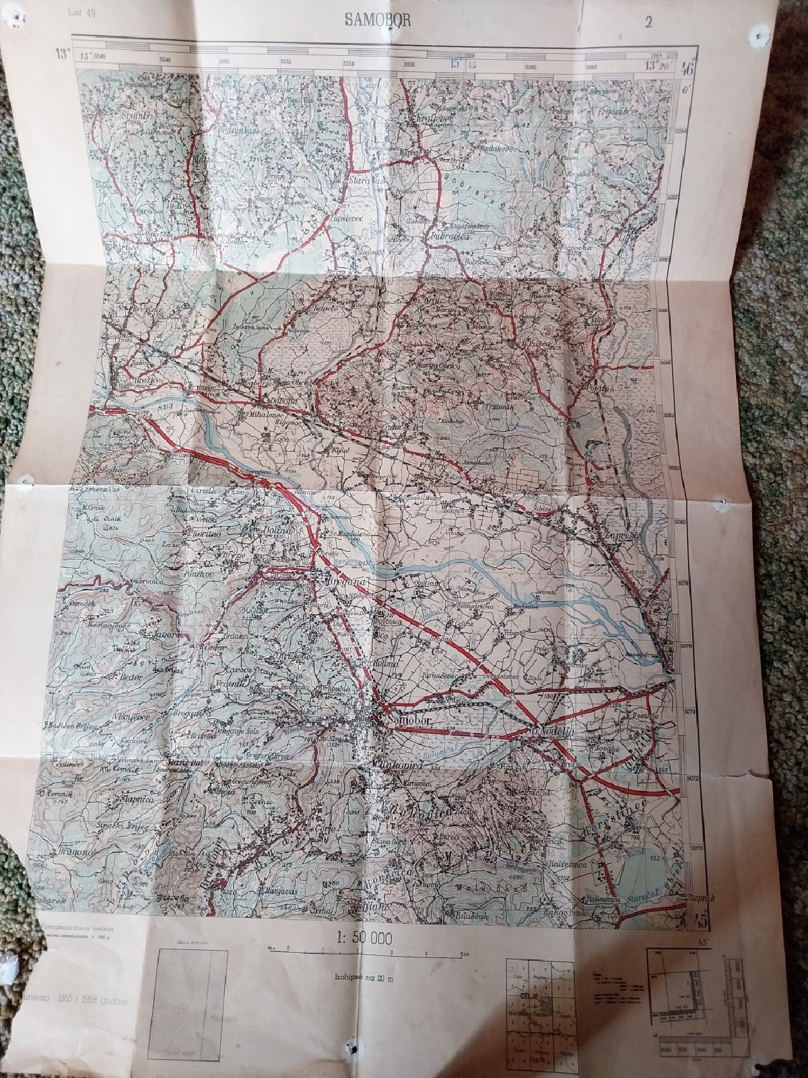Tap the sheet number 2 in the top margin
click(648, 22)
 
